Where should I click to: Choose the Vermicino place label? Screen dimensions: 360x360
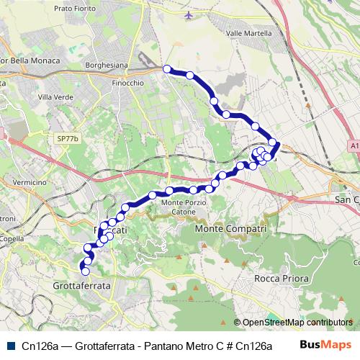[29, 183]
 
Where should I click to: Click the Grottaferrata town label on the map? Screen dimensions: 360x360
[82, 286]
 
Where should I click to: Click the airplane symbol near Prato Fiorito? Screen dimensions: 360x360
[189, 14]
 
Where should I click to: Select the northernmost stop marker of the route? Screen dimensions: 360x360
[167, 69]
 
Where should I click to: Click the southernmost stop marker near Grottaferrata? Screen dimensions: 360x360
[84, 271]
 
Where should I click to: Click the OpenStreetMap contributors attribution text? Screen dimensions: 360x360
[297, 323]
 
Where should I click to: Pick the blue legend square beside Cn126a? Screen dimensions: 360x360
[9, 345]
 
